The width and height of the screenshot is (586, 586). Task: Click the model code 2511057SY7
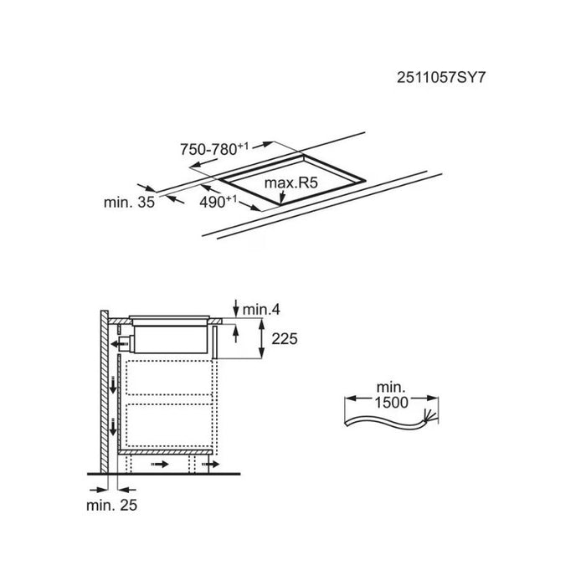[441, 78]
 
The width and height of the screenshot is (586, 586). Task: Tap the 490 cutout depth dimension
[218, 202]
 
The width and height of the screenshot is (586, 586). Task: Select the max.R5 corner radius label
[290, 182]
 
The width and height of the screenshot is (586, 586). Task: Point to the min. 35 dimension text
[129, 203]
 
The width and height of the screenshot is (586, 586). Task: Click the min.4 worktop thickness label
[261, 310]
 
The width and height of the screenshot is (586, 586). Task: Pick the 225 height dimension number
[285, 339]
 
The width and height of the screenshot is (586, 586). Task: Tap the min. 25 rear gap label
[111, 506]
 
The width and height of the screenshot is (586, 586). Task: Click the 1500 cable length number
[391, 403]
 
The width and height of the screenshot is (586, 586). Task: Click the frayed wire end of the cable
[429, 415]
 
